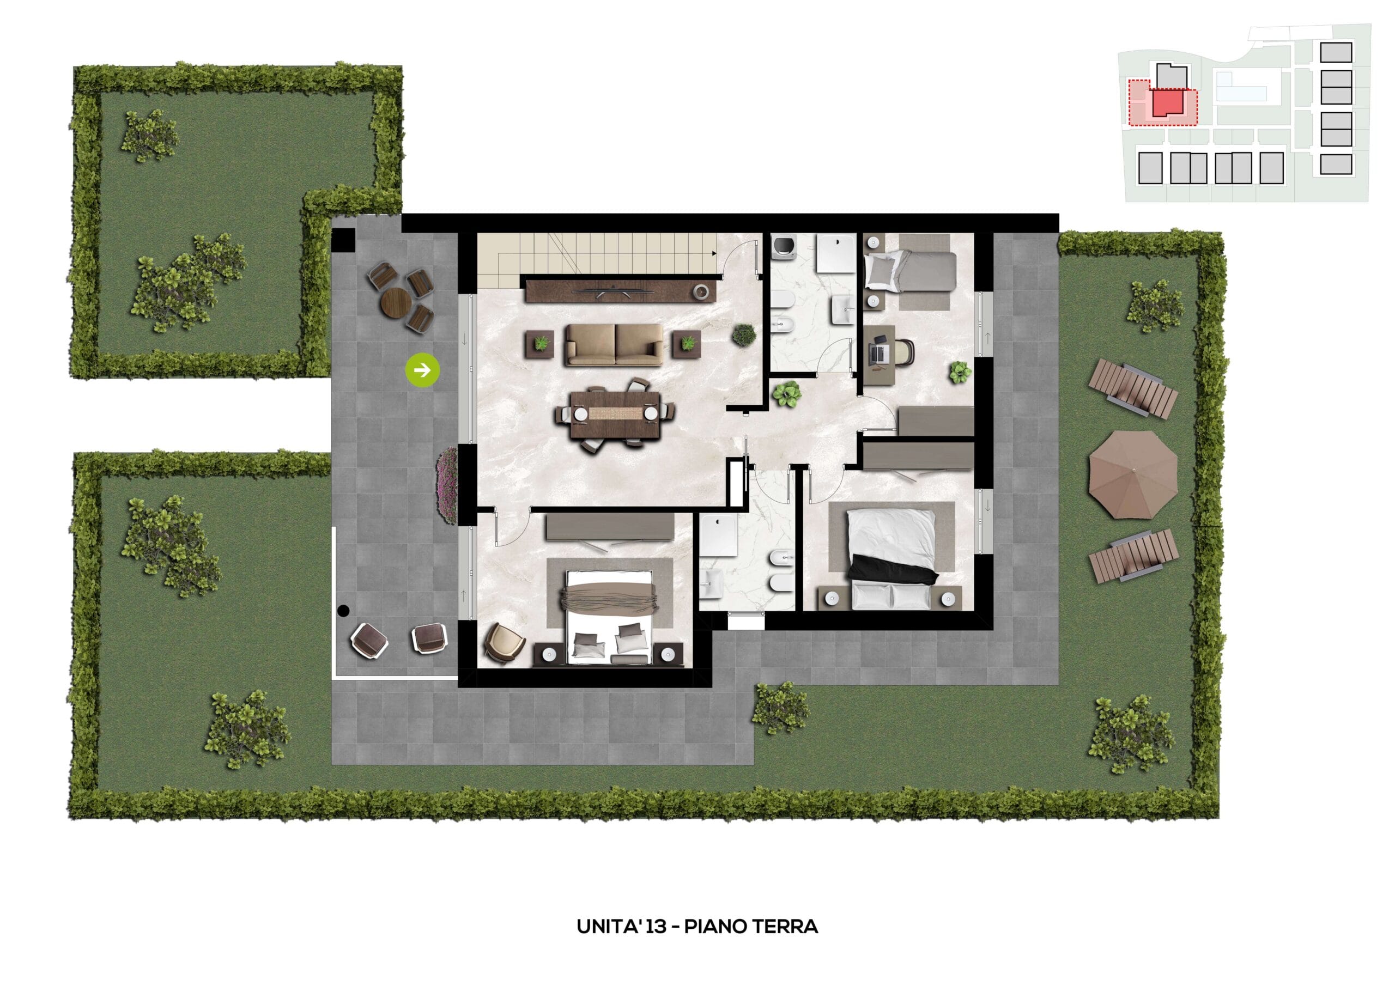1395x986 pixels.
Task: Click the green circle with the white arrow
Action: pos(422,369)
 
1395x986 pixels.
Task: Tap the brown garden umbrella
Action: pos(1133,474)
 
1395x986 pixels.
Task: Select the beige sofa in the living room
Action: pos(614,344)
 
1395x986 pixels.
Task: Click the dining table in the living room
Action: pos(615,415)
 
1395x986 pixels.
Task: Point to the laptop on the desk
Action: pos(879,351)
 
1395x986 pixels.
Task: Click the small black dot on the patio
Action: pos(343,611)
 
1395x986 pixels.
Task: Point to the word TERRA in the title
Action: pos(786,927)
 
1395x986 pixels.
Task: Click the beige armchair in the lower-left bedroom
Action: pos(505,642)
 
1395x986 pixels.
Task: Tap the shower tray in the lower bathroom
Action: pos(718,534)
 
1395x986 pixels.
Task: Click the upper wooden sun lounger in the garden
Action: pos(1132,388)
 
